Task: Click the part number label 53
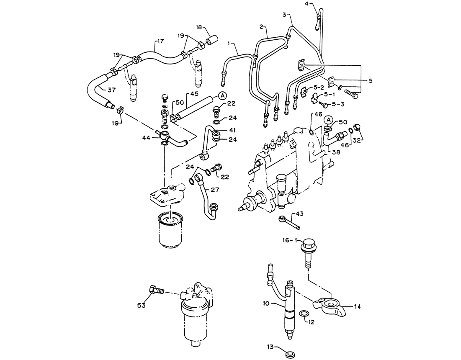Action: tap(142, 306)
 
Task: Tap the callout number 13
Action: tap(271, 347)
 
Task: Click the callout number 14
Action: tap(357, 307)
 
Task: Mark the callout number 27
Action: tap(215, 190)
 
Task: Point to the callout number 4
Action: tap(306, 4)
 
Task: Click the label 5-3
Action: tap(338, 103)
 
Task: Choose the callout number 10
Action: tap(267, 303)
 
